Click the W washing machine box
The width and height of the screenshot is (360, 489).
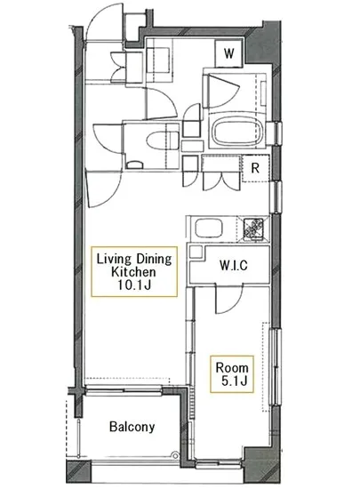228,52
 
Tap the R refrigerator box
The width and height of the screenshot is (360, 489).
254,166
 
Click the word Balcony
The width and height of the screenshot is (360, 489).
132,427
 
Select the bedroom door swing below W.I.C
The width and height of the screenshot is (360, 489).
220,301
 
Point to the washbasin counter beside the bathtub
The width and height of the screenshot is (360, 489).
213,91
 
